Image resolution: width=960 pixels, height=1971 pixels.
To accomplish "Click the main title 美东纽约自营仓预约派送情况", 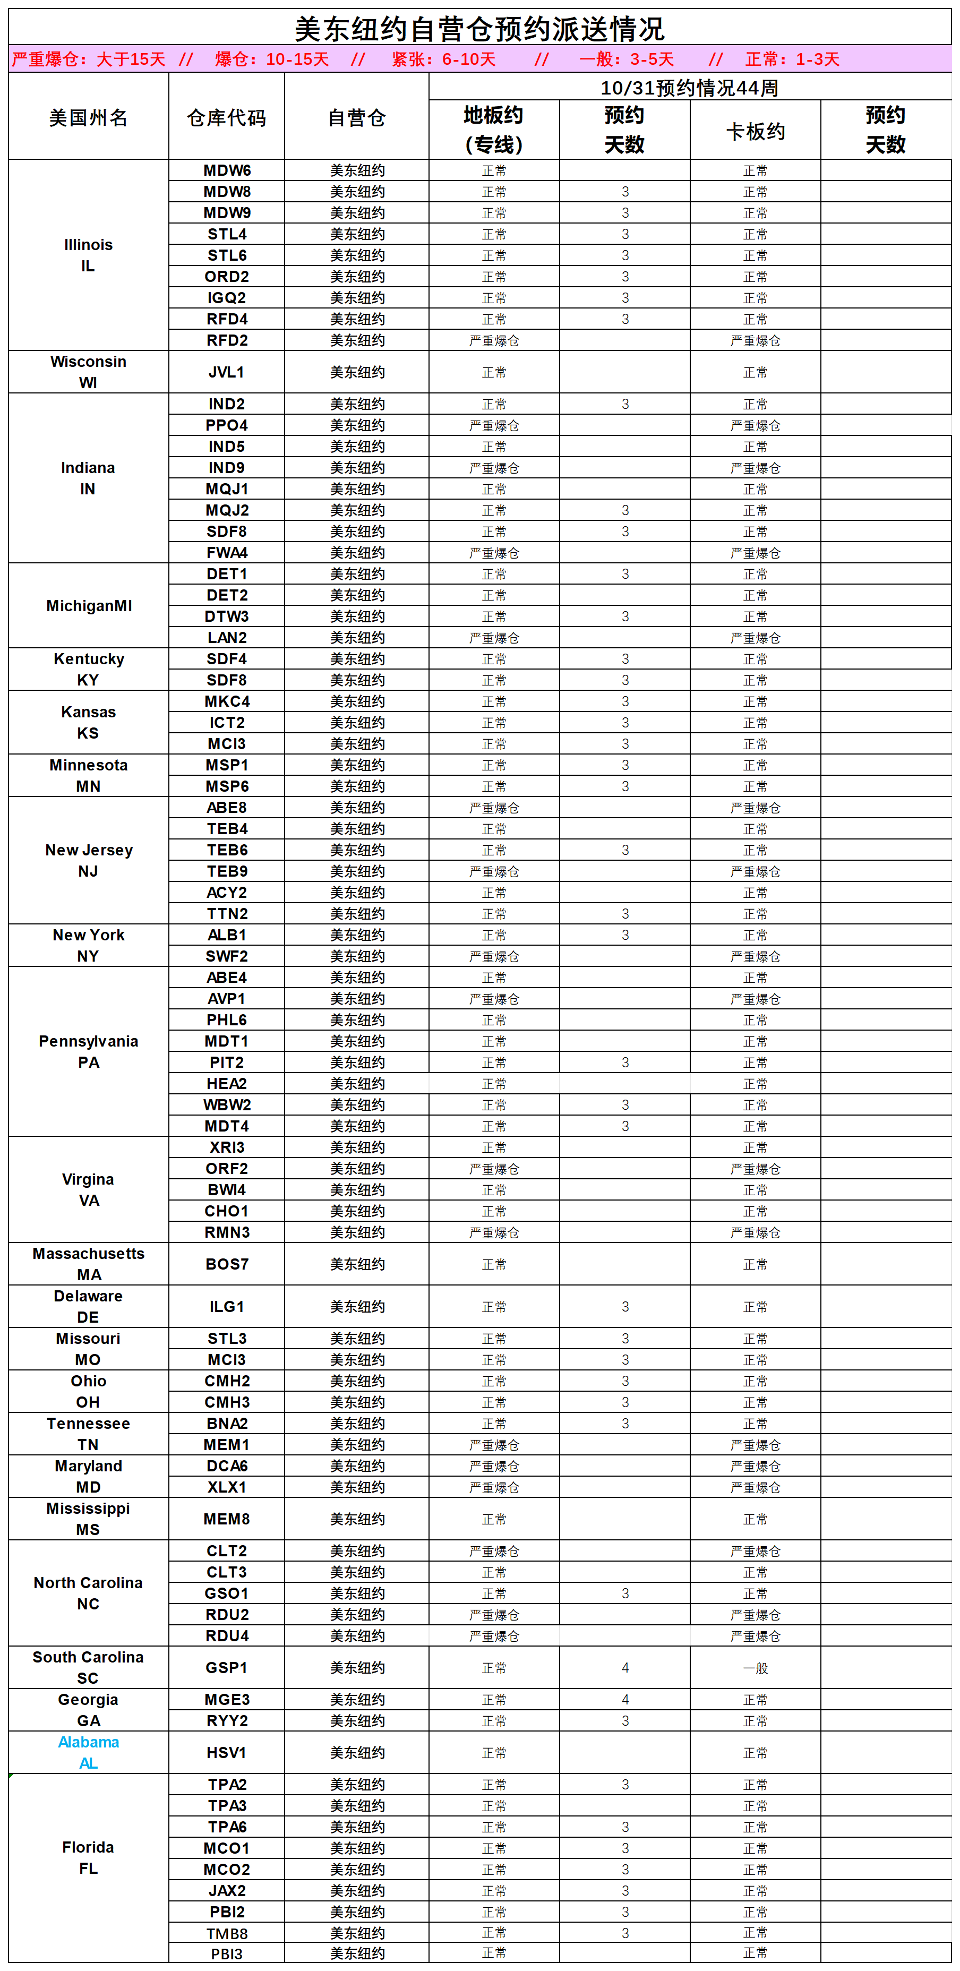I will (x=479, y=29).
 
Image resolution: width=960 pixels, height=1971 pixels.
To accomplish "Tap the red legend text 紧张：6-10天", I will (x=444, y=59).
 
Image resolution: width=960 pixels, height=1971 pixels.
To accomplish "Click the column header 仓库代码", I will (x=226, y=118).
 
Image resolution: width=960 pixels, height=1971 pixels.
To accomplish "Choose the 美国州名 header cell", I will (x=88, y=118).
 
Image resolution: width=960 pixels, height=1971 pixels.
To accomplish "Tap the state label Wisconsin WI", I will (x=88, y=372).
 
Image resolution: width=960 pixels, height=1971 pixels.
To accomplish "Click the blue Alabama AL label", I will (x=88, y=1752).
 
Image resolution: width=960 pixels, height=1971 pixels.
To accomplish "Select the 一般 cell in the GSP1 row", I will (x=755, y=1667).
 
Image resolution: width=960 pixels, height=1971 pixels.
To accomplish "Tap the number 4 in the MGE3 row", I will (x=625, y=1699).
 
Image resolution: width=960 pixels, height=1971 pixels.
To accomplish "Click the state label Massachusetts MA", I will (x=88, y=1264).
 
